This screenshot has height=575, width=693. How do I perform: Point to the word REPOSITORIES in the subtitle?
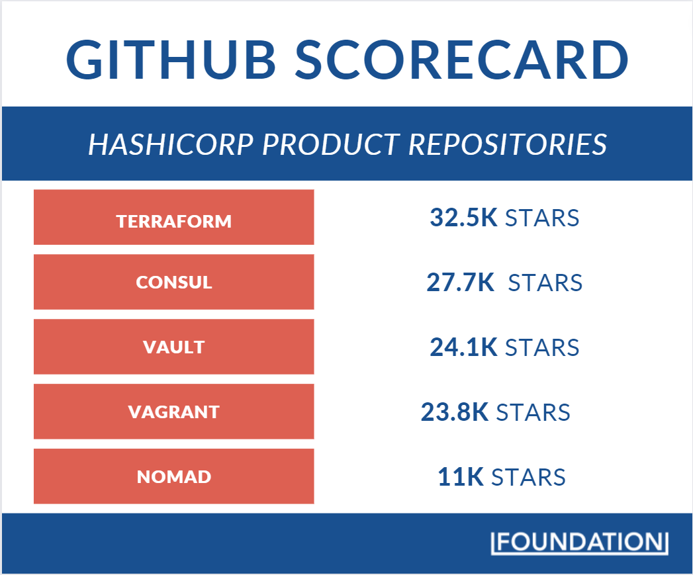pyautogui.click(x=508, y=144)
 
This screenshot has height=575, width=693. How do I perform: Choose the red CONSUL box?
pyautogui.click(x=174, y=282)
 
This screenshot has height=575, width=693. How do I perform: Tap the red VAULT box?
pyautogui.click(x=174, y=347)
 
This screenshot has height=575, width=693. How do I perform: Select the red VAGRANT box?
pyautogui.click(x=174, y=412)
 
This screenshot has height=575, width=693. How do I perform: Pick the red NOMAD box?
pyautogui.click(x=174, y=476)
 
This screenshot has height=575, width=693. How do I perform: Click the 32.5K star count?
pyautogui.click(x=463, y=218)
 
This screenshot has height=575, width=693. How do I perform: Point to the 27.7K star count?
pyautogui.click(x=460, y=283)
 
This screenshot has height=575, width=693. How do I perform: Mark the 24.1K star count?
pyautogui.click(x=463, y=347)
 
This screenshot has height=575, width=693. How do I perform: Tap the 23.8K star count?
pyautogui.click(x=454, y=412)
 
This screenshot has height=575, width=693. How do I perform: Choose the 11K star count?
pyautogui.click(x=461, y=477)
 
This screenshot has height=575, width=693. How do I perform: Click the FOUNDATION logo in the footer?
pyautogui.click(x=579, y=542)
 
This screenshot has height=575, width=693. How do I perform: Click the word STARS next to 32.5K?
pyautogui.click(x=542, y=218)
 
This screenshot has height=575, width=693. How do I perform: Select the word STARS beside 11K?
pyautogui.click(x=528, y=477)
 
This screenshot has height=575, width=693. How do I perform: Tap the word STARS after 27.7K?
pyautogui.click(x=545, y=283)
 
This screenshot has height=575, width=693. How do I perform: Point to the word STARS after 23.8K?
pyautogui.click(x=533, y=412)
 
